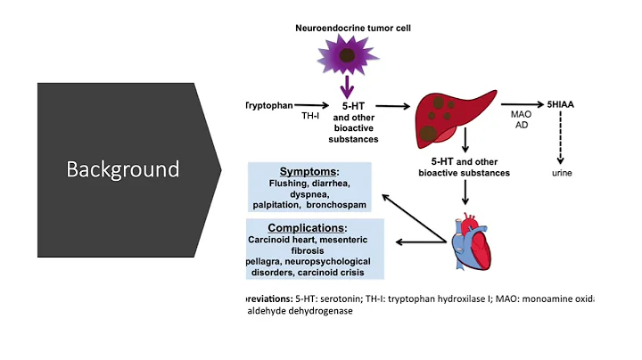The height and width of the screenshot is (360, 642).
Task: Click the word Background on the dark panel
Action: click(x=122, y=168)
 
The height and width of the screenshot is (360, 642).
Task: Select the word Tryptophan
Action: click(x=270, y=105)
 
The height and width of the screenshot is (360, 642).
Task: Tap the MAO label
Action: click(x=521, y=116)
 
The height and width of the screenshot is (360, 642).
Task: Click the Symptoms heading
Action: click(x=309, y=171)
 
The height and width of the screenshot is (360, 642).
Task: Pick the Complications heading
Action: click(x=309, y=228)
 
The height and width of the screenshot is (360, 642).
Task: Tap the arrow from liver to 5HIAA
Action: click(x=526, y=104)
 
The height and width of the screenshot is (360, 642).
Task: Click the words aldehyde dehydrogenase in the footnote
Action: click(x=298, y=312)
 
